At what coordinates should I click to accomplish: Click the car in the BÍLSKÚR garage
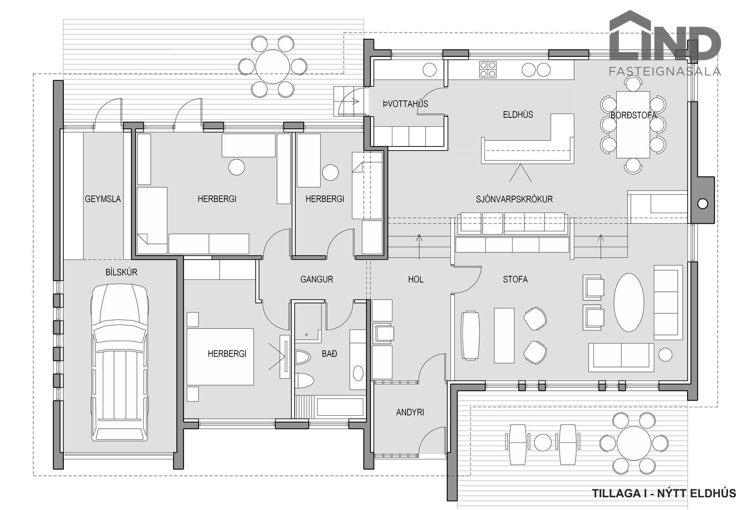(120, 362)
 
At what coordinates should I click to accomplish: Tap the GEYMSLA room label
(103, 199)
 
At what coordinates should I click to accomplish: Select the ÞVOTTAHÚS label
(406, 104)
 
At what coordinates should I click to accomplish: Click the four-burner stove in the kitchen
(488, 69)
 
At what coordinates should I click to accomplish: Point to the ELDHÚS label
(518, 114)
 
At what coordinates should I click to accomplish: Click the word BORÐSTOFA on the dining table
(633, 115)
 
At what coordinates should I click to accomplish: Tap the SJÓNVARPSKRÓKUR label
(514, 199)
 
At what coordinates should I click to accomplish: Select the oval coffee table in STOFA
(628, 303)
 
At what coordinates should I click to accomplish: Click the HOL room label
(416, 279)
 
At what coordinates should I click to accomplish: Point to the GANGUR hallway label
(316, 279)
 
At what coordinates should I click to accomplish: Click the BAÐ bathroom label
(329, 353)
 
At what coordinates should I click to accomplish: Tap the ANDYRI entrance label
(410, 412)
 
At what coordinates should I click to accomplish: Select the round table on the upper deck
(273, 66)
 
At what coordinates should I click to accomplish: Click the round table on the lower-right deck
(633, 443)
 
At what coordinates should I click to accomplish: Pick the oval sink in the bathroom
(358, 373)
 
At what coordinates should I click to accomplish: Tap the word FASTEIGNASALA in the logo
(665, 71)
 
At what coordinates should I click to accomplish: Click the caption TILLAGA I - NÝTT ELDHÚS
(664, 493)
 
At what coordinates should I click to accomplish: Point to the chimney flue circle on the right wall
(702, 204)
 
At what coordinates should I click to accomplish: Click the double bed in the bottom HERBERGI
(220, 357)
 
